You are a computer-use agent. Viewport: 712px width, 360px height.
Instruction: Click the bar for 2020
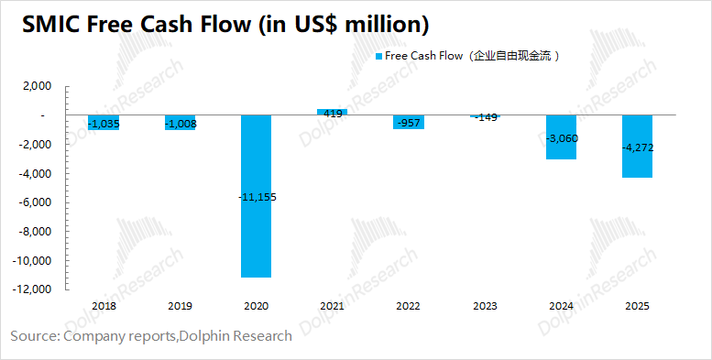tap(256, 196)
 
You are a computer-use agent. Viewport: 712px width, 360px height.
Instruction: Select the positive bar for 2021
tap(332, 113)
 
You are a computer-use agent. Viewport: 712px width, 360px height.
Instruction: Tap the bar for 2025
tap(637, 147)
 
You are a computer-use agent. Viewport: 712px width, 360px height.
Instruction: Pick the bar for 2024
tap(561, 137)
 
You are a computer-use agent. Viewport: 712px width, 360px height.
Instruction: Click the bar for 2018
tap(104, 123)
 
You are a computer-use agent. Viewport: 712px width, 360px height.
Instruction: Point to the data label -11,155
tap(256, 197)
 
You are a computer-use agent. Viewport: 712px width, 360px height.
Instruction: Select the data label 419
tap(332, 114)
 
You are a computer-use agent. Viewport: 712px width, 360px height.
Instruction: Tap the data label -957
tap(408, 122)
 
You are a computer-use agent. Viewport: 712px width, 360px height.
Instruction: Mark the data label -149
tap(484, 116)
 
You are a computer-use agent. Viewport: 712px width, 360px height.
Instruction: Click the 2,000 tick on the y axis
tap(38, 87)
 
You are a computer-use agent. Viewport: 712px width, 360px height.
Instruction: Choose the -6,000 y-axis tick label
tap(37, 203)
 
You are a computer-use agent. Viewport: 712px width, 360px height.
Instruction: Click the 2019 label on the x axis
tap(180, 306)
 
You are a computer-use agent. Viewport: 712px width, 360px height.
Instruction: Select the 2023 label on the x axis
tap(484, 306)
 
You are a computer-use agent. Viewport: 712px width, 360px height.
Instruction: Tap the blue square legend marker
tap(378, 56)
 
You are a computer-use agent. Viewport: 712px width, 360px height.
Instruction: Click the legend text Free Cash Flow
tap(424, 56)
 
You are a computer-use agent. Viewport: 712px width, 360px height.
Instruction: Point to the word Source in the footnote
tap(33, 336)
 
